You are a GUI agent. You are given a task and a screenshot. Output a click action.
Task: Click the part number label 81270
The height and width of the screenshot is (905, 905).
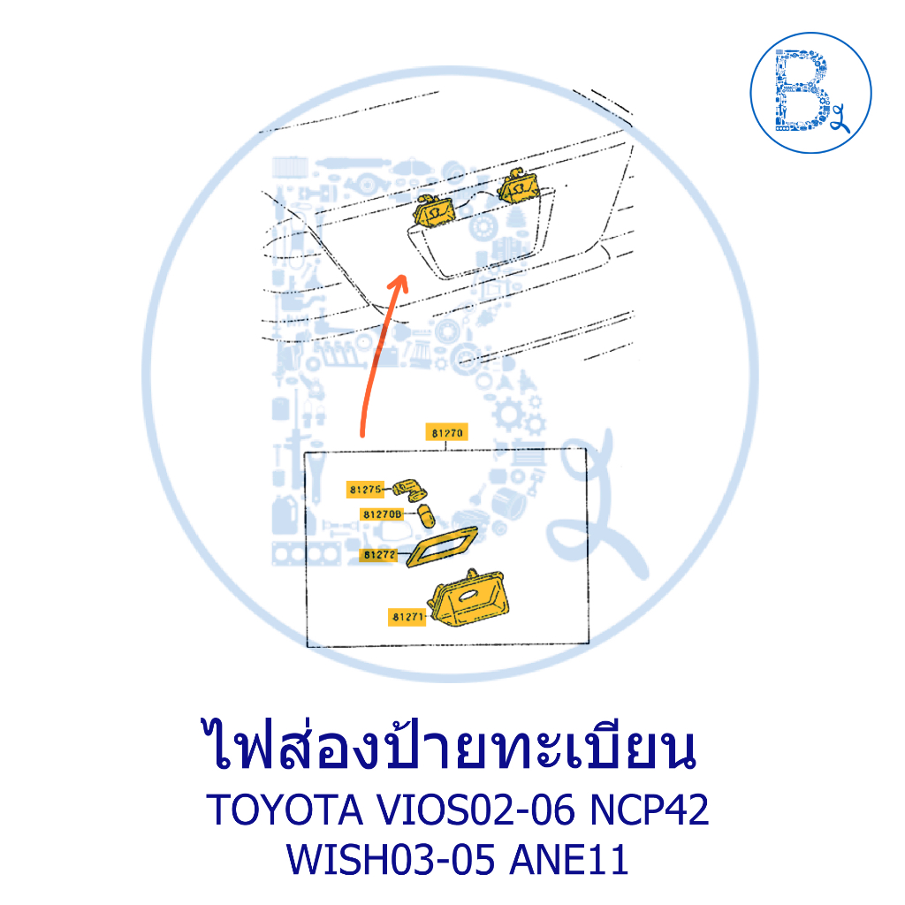click(x=446, y=432)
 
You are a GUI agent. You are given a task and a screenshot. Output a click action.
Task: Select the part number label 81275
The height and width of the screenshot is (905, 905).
click(x=365, y=490)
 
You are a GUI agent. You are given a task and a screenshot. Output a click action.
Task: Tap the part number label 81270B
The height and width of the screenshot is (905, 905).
click(x=382, y=513)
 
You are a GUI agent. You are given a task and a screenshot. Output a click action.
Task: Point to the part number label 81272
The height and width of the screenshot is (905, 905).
click(x=378, y=555)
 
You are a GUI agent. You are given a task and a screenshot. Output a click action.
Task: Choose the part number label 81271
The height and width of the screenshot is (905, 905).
click(x=407, y=617)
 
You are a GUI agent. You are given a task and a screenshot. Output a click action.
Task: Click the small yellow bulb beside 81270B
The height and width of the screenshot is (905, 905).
click(x=426, y=515)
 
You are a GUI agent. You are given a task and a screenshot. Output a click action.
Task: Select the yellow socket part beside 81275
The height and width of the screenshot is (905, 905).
click(x=410, y=490)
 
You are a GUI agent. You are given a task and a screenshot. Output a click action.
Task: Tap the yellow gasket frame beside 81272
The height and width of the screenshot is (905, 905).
click(x=442, y=546)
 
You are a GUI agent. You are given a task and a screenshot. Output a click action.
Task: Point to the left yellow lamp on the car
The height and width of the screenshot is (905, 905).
click(x=433, y=210)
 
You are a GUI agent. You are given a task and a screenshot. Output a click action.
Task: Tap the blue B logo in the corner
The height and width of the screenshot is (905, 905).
click(x=810, y=92)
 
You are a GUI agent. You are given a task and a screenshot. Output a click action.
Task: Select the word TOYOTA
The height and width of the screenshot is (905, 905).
click(x=285, y=810)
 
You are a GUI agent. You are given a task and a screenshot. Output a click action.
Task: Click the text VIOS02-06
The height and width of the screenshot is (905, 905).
click(x=476, y=810)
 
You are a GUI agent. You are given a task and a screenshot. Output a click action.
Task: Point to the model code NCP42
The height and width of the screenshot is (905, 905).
click(x=649, y=810)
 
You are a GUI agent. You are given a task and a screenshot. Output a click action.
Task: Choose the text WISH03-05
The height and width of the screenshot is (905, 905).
click(x=392, y=859)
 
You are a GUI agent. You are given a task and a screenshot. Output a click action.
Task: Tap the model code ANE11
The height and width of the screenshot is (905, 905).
click(x=569, y=859)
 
